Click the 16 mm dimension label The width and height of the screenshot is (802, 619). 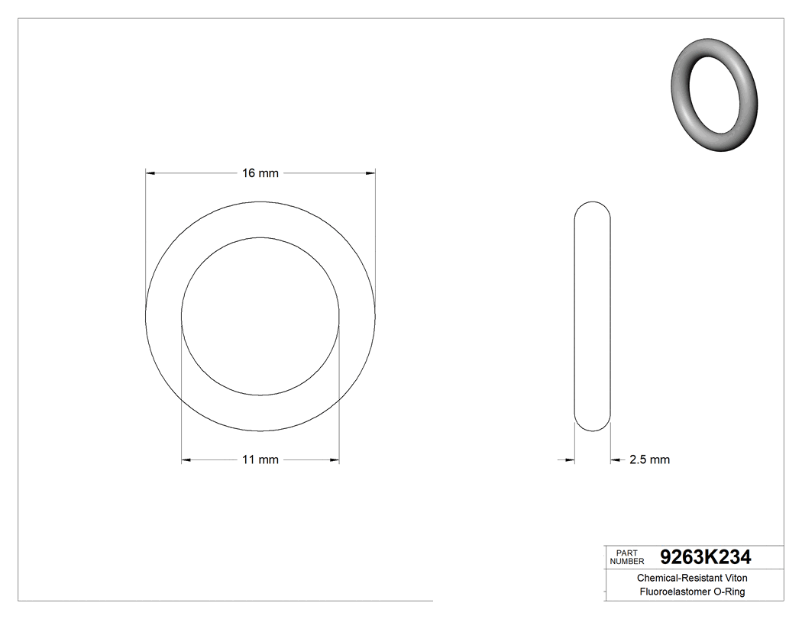pos(260,173)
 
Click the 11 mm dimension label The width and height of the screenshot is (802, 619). pos(260,459)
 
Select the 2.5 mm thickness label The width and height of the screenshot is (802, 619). pos(649,459)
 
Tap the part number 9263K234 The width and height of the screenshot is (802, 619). pos(705,556)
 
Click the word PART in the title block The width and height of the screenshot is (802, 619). pos(626,553)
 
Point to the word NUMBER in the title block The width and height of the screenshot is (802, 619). pos(629,561)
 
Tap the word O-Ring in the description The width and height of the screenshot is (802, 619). pos(729,592)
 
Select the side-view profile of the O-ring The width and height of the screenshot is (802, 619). pos(592,317)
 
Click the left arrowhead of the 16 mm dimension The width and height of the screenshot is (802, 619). pos(150,173)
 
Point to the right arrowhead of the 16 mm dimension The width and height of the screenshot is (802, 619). pos(370,173)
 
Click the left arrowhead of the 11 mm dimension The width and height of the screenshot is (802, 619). pos(186,459)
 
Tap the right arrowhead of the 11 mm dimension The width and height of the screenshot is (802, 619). pos(335,459)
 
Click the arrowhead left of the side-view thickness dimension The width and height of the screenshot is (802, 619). pos(569,459)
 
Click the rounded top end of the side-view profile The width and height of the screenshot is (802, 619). pos(592,206)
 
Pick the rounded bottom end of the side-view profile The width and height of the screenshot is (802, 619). pos(592,427)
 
